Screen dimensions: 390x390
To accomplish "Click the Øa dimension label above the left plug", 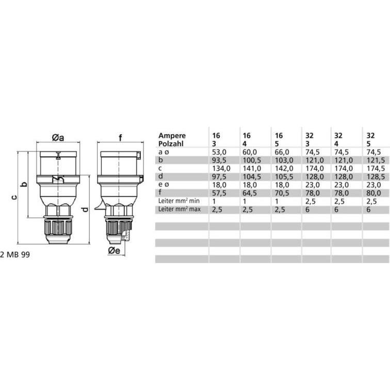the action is pyautogui.click(x=58, y=138).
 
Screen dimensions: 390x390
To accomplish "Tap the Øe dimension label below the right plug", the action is pyautogui.click(x=114, y=251).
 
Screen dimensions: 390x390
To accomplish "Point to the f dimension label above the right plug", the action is pyautogui.click(x=121, y=138).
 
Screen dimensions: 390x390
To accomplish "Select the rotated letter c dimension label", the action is pyautogui.click(x=14, y=197).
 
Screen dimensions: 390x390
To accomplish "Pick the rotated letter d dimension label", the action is pyautogui.click(x=85, y=209).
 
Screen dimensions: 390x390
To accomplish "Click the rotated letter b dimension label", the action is pyautogui.click(x=24, y=184).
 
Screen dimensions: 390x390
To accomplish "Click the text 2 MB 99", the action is pyautogui.click(x=15, y=255).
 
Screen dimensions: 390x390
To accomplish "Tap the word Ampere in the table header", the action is pyautogui.click(x=172, y=136).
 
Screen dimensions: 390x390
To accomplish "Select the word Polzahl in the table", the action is pyautogui.click(x=171, y=144).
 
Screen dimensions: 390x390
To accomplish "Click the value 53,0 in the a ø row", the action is pyautogui.click(x=219, y=152).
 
